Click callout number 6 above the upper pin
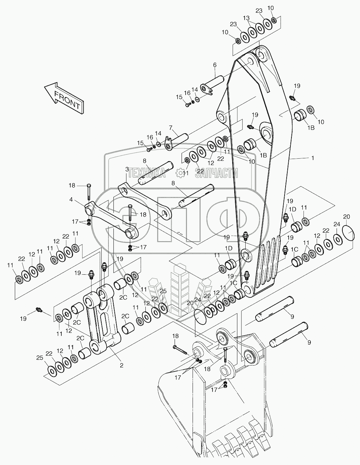pos(215,65)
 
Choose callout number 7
pos(171,128)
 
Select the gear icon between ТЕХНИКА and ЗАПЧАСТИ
pos(179,173)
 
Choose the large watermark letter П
pos(179,220)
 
